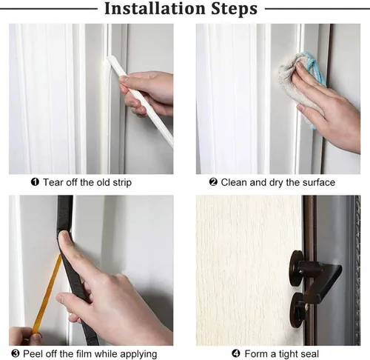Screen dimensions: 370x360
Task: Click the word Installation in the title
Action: coord(155,9)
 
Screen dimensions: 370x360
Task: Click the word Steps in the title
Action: coord(234,10)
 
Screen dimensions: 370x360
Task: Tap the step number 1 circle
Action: coord(35,182)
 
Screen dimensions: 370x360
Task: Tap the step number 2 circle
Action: coord(213,182)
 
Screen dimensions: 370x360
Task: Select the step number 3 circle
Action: coord(16,353)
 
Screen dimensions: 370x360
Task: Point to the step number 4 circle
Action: coord(236,353)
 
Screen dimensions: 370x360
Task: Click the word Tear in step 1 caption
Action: coord(53,182)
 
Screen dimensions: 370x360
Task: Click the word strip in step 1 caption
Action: coord(122,183)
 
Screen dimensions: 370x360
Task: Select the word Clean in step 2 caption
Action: coord(234,182)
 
